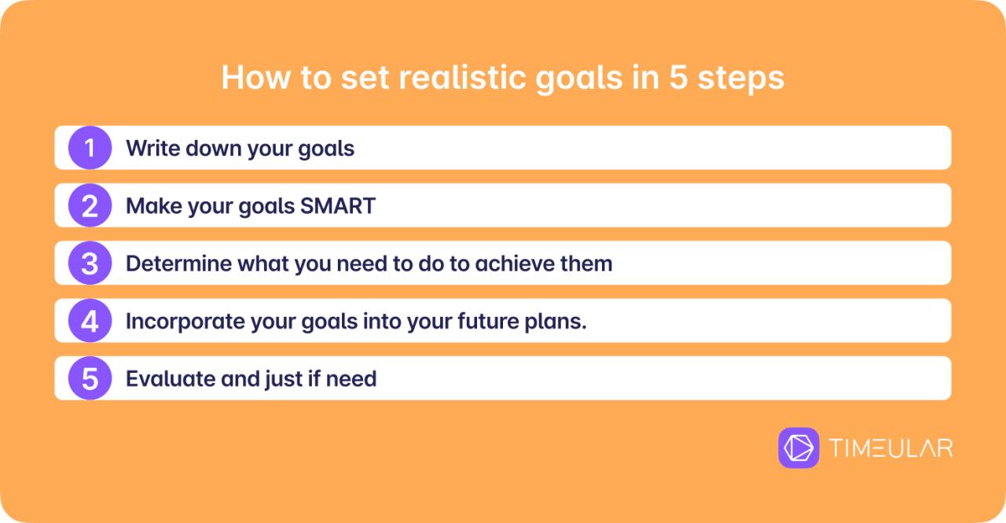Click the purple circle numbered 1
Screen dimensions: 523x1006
coord(90,148)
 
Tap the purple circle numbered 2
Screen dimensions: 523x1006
coord(90,205)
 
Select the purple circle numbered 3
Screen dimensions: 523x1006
coord(90,263)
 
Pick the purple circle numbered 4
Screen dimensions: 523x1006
coord(90,321)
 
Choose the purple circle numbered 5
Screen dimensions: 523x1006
coord(90,379)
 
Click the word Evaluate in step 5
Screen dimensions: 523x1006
coord(170,379)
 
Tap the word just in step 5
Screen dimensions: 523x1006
coord(285,379)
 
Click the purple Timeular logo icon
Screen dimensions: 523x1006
coord(799,448)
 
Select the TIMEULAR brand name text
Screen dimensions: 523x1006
coord(890,448)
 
